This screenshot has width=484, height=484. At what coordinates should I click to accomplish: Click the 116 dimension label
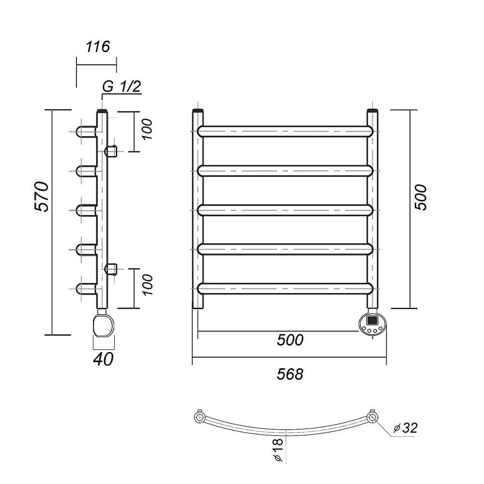coord(98,46)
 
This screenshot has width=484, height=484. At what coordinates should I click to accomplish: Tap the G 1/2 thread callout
coord(121,87)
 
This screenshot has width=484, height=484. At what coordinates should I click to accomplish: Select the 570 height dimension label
coord(42,197)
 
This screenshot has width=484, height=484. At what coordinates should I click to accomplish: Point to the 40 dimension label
coord(103,359)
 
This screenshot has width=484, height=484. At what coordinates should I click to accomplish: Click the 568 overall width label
coord(290,374)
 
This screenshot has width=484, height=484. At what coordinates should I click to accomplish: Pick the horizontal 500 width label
coord(290,340)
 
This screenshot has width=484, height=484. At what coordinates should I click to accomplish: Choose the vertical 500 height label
coord(420,197)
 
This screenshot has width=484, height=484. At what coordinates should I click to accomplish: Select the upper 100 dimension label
coord(148,129)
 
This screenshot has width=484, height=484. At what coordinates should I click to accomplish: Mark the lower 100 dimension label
coord(148,285)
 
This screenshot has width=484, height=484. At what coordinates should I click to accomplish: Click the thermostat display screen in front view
coord(372,320)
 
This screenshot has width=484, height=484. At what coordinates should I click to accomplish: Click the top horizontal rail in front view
coord(285,131)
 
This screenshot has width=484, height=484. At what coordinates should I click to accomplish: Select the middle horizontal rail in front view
coord(285,210)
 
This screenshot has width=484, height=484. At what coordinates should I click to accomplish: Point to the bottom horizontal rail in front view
coord(285,288)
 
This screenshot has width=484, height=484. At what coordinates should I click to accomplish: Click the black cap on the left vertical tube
coord(198,110)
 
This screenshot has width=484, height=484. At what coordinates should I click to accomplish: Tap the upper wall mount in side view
coord(111,151)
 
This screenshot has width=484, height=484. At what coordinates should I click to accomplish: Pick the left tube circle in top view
coord(199,418)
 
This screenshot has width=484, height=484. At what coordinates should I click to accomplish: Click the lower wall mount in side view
coord(111,269)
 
